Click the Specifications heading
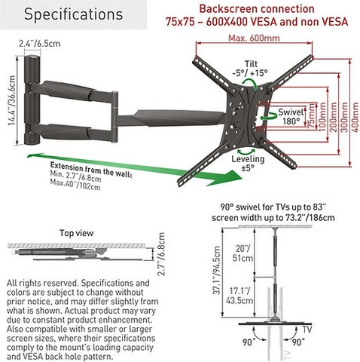74,14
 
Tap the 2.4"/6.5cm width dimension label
39,44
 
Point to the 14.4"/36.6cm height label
11,100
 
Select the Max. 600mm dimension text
254,38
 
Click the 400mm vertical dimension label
355,116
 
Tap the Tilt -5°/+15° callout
250,69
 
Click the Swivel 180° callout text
291,117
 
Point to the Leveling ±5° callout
248,163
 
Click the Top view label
76,233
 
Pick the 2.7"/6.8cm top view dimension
161,254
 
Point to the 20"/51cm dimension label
243,253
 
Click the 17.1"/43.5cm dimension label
239,296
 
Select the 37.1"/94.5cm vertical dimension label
216,270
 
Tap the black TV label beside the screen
307,330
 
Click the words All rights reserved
43,284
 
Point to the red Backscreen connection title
257,9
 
